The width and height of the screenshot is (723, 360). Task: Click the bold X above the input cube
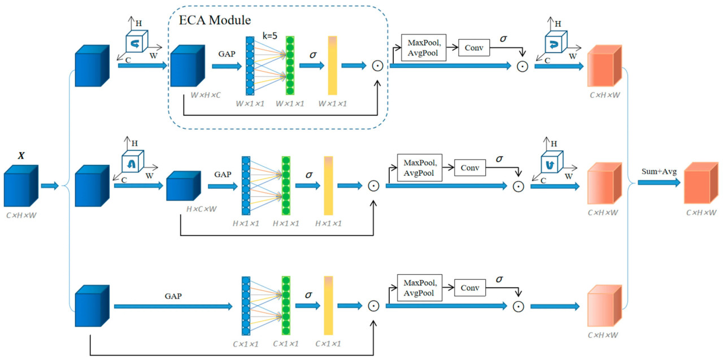click(21, 155)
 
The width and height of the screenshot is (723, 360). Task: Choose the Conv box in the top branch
click(474, 48)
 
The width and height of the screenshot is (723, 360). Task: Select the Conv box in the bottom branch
click(470, 288)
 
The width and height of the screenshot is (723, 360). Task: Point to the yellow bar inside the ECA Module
click(332, 65)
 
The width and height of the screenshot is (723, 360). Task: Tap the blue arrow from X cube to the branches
click(50, 185)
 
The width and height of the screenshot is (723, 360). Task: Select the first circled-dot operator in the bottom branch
click(373, 306)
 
